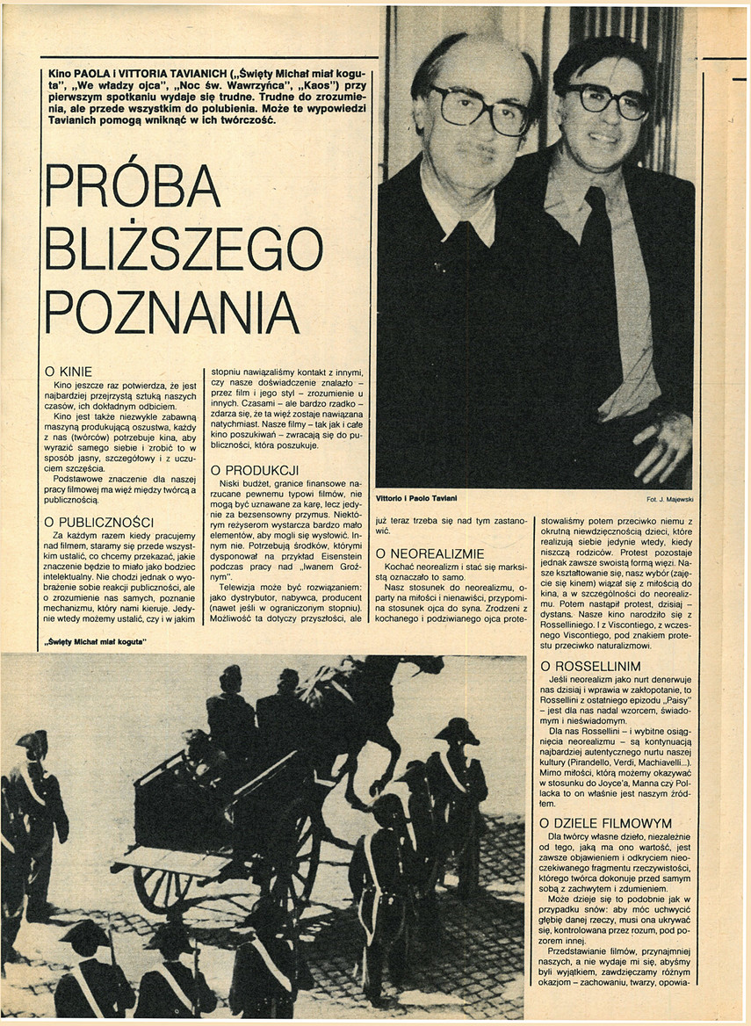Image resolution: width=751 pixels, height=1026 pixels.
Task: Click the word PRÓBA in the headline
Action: pyautogui.click(x=133, y=186)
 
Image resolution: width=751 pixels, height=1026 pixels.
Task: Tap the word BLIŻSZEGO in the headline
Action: pyautogui.click(x=184, y=248)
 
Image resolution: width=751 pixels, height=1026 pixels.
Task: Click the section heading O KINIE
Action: pyautogui.click(x=69, y=372)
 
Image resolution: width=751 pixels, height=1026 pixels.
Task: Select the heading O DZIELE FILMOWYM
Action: pyautogui.click(x=606, y=823)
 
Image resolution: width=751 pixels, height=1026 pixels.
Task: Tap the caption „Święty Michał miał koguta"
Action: pyautogui.click(x=95, y=643)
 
